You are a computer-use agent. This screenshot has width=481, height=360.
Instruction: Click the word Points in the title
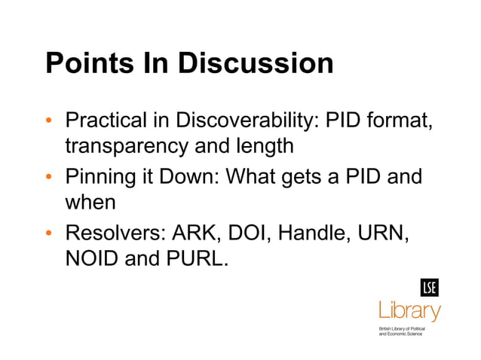tap(87, 63)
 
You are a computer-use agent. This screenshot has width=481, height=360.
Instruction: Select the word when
tap(90, 203)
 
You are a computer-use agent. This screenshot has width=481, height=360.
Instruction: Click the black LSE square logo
tap(430, 288)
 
